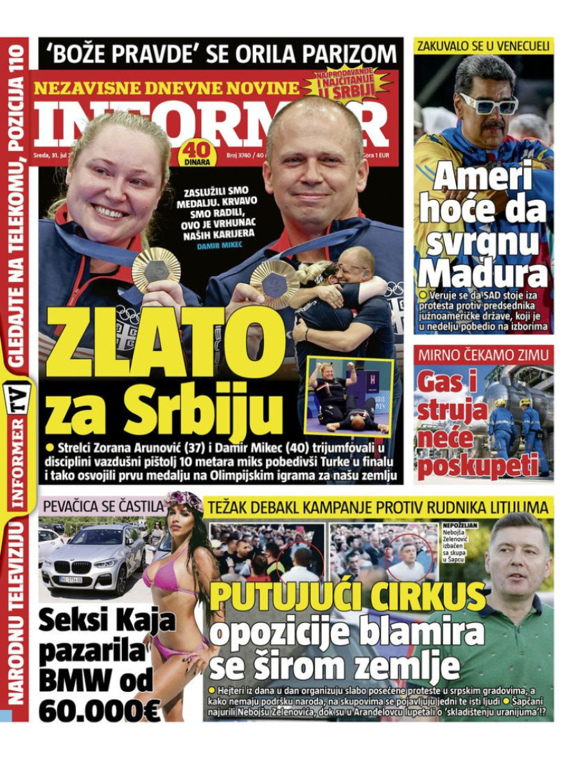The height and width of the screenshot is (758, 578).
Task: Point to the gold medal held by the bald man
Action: [274, 283]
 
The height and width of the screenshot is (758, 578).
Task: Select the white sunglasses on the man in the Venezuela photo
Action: [488, 103]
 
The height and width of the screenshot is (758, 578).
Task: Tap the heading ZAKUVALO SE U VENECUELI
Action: [483, 46]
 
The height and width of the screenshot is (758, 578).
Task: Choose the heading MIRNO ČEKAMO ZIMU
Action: [483, 355]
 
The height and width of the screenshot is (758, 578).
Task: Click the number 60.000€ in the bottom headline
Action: [100, 708]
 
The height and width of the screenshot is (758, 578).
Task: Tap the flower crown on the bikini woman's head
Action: [184, 500]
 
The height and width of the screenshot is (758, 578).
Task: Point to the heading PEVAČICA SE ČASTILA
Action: [101, 506]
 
